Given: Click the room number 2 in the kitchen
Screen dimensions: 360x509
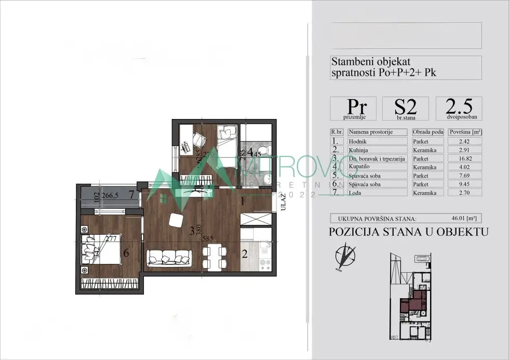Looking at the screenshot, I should coord(244,255).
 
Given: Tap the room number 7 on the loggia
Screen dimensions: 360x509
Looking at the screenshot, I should coord(132,195).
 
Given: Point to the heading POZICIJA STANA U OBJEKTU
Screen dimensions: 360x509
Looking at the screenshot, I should coord(409,232).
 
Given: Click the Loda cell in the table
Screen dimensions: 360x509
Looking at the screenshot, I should coord(379,193).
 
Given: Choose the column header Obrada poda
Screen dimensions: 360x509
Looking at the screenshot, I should coord(428,132).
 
